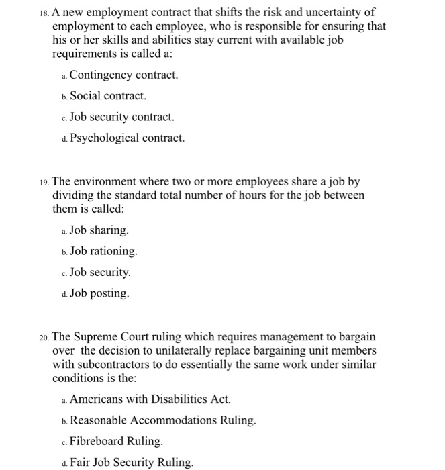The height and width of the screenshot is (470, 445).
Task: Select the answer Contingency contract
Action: [x=123, y=75]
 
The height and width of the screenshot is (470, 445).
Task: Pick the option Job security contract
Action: [x=121, y=117]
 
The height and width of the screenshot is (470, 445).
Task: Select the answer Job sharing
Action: [x=99, y=230]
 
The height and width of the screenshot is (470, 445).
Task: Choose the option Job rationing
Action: [x=103, y=251]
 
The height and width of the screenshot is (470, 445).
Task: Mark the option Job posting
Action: [x=99, y=293]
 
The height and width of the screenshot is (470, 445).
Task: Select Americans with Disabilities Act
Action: [x=150, y=399]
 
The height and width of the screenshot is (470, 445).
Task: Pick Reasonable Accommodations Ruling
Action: [x=162, y=420]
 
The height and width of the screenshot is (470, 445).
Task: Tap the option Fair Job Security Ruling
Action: [x=131, y=462]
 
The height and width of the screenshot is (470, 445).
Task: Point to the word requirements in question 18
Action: [x=86, y=54]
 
